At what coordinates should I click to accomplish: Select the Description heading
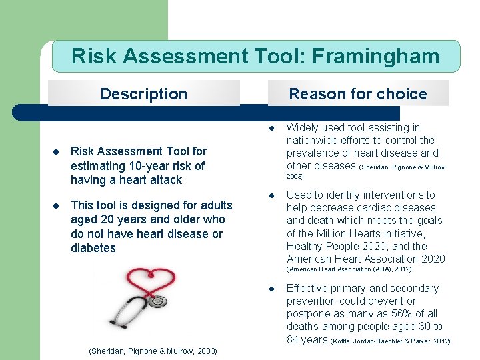(143, 94)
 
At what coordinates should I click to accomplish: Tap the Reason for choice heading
(357, 94)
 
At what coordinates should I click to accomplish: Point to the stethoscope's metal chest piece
(157, 302)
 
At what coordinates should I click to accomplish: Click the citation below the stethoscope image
(153, 351)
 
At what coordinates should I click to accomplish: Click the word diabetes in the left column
(93, 248)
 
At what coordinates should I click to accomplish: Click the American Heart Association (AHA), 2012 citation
(349, 269)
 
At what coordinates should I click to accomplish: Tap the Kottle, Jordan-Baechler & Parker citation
(391, 341)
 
